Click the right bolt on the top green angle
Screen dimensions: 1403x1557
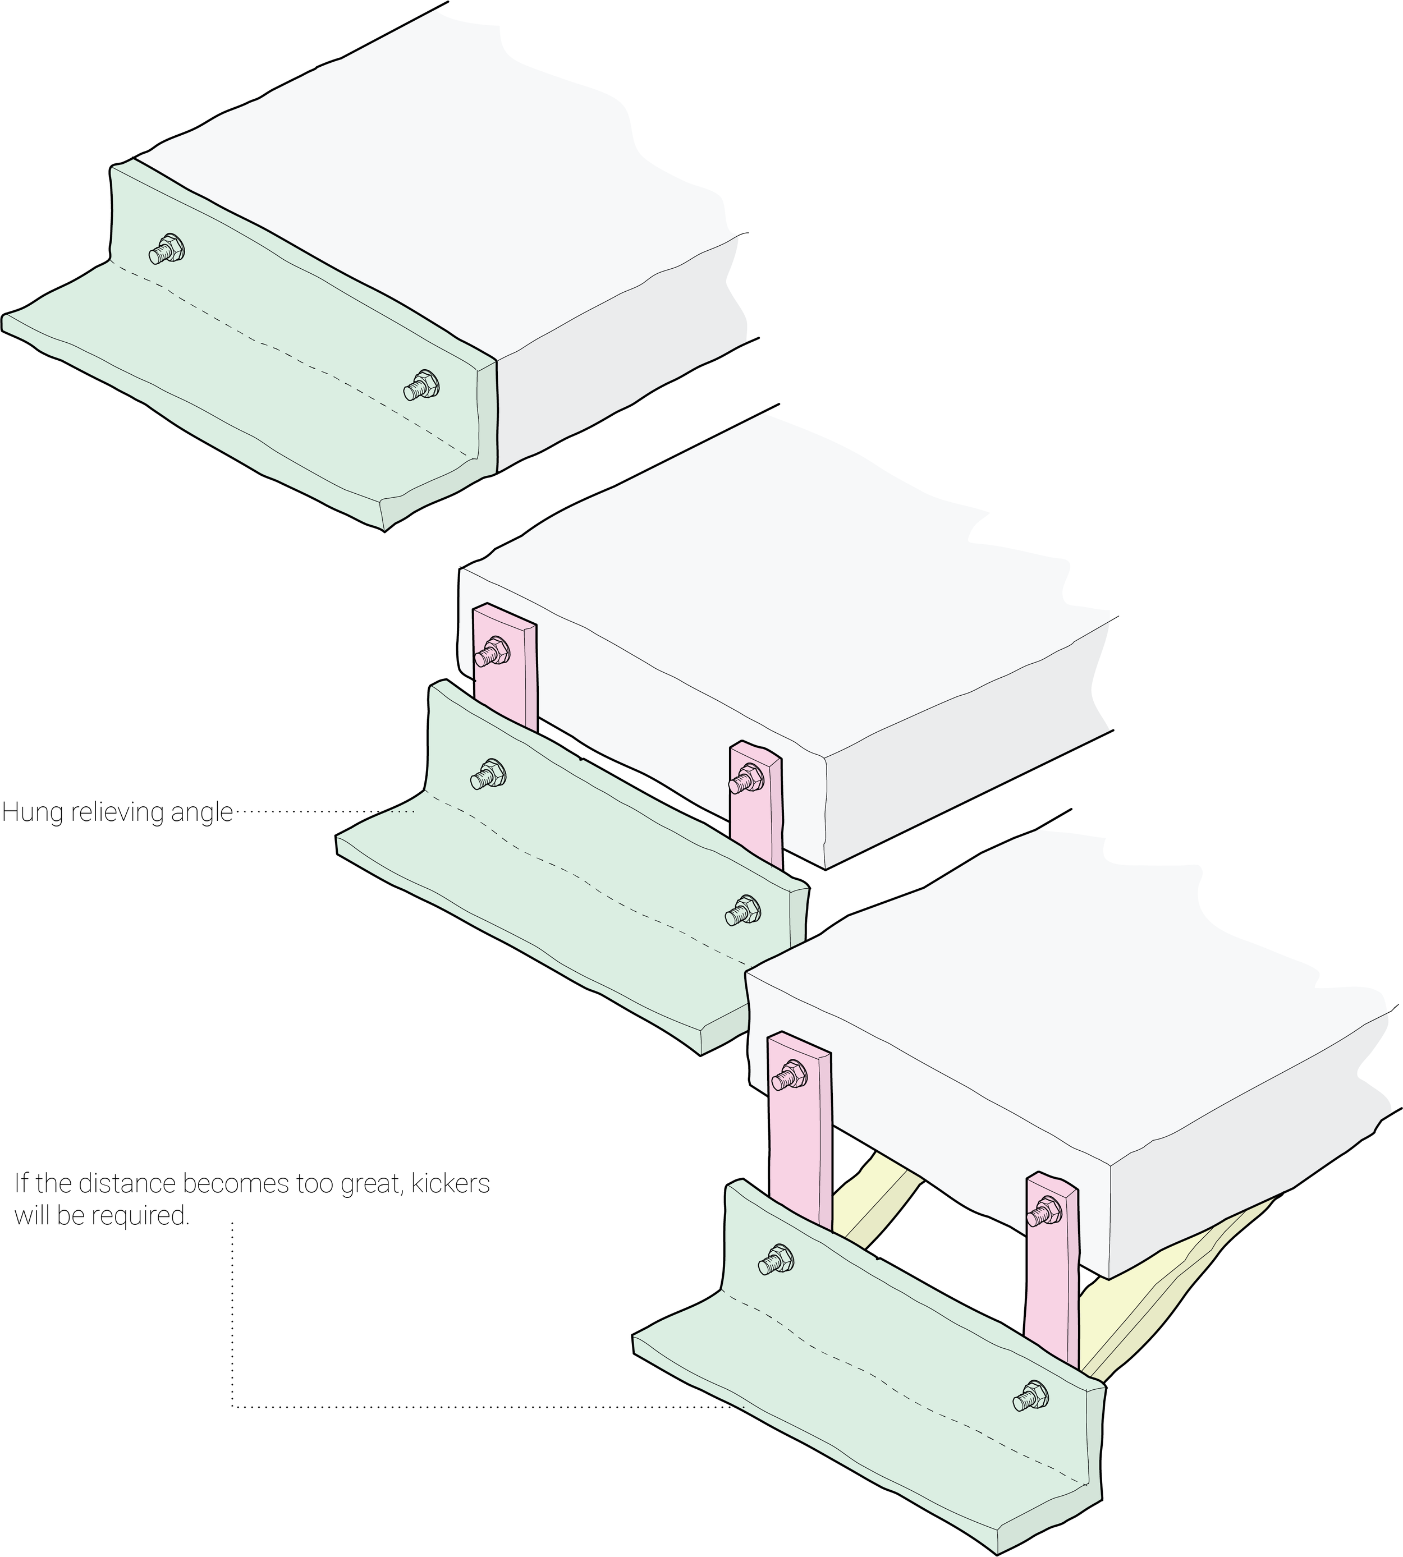coord(421,385)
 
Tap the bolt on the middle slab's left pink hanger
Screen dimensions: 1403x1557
coord(491,654)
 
